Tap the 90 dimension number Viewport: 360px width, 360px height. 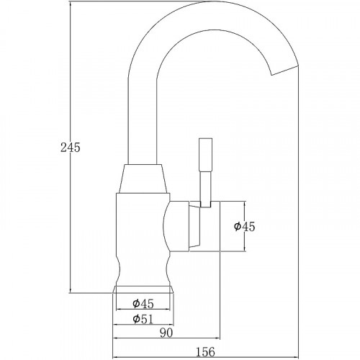[x=165, y=333]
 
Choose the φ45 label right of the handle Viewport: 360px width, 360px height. [x=245, y=227]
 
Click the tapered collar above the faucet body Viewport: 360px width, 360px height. [x=145, y=181]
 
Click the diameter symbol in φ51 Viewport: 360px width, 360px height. [x=136, y=319]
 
